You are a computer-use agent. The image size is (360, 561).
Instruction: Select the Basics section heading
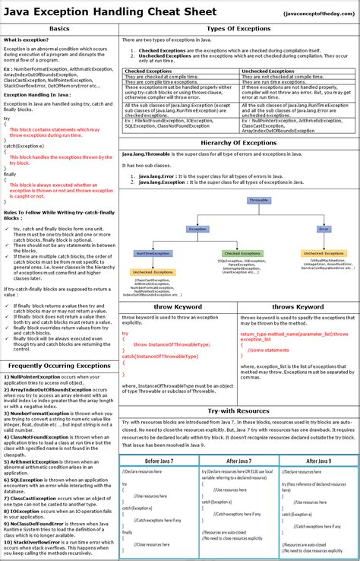(x=59, y=28)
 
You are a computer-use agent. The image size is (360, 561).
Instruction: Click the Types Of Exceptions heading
(x=239, y=28)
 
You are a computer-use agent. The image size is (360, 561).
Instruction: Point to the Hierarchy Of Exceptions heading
(x=239, y=143)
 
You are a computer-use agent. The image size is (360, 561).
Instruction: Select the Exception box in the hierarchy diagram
(x=197, y=228)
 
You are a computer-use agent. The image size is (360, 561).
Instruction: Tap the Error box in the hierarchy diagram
(x=324, y=228)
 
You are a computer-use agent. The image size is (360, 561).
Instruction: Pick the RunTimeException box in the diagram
(x=153, y=253)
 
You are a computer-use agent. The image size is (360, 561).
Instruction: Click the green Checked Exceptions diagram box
(x=242, y=253)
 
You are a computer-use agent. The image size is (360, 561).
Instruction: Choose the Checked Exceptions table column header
(x=148, y=71)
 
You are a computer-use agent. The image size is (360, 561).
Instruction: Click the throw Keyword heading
(x=178, y=307)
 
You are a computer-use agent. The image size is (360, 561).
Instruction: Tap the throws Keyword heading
(x=298, y=307)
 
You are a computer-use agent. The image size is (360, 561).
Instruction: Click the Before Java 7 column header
(x=159, y=461)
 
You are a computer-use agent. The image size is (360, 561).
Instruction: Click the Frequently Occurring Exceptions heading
(x=59, y=366)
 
